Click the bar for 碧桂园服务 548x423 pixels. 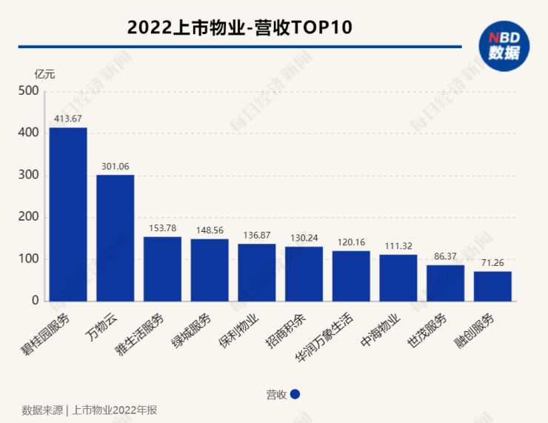coord(68,215)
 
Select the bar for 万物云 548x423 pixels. coord(115,238)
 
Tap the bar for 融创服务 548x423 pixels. coord(492,287)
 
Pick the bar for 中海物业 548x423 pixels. coord(398,278)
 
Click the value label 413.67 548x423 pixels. coord(68,119)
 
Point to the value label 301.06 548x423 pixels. coord(115,167)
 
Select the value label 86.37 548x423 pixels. coord(445,256)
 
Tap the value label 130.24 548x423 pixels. coord(304,238)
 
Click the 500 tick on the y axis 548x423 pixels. coord(28,91)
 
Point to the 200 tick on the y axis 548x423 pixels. coord(28,217)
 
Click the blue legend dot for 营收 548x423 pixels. coord(295,394)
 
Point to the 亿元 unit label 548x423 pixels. coord(44,73)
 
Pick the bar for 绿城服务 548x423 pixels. coord(210,270)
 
